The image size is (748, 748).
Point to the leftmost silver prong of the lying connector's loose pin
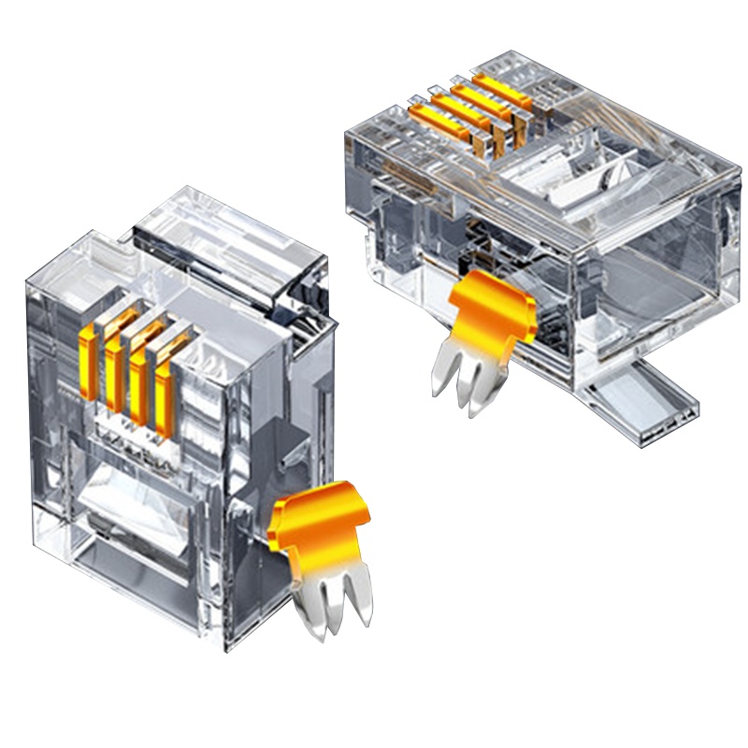click(x=439, y=374)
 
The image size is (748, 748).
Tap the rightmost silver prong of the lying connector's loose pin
click(x=486, y=393)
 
